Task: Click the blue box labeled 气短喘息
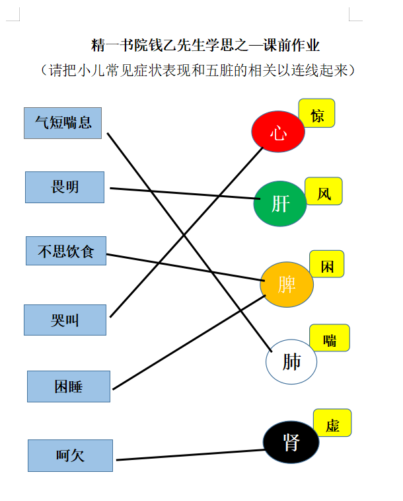[63, 123]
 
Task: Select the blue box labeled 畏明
[65, 187]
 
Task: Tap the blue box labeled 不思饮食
[66, 251]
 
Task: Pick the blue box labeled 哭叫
[65, 320]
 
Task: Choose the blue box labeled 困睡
[69, 387]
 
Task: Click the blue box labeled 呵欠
[70, 455]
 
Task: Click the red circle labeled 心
[278, 131]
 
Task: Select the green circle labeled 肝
[280, 204]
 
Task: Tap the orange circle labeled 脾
[287, 285]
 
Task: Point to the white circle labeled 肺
[291, 362]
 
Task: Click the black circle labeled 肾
[291, 442]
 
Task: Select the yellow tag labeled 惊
[316, 113]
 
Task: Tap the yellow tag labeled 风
[324, 191]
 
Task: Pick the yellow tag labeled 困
[327, 264]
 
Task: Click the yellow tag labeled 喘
[330, 338]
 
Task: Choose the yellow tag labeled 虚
[332, 423]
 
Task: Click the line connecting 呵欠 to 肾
[190, 455]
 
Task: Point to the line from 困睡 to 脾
[189, 342]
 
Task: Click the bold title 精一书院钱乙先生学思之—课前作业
[205, 45]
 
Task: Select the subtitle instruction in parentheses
[198, 70]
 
